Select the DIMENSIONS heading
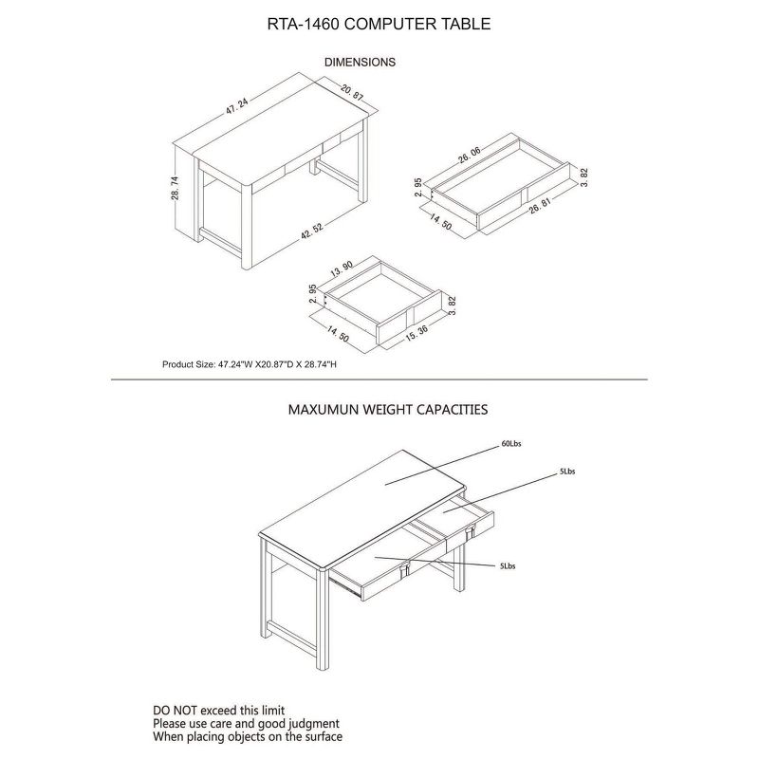360,62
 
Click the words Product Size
189,364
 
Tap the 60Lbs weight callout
511,443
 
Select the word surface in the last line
320,736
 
